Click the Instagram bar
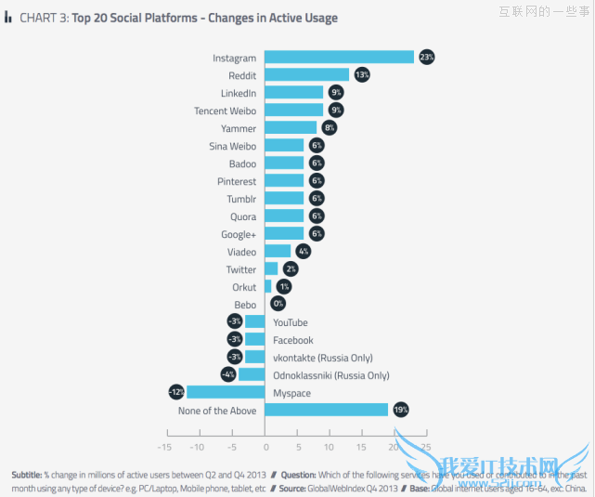(340, 58)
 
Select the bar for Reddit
(307, 75)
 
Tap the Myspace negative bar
(226, 393)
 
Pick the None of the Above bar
(327, 410)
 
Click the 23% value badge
(426, 58)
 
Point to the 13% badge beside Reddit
(362, 75)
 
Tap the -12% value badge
(175, 393)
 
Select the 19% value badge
(400, 410)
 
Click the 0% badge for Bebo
(278, 305)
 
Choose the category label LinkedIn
(239, 93)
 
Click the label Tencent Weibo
(225, 111)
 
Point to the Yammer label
(239, 128)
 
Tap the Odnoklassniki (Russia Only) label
(331, 375)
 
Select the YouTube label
(291, 322)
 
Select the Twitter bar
(272, 269)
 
